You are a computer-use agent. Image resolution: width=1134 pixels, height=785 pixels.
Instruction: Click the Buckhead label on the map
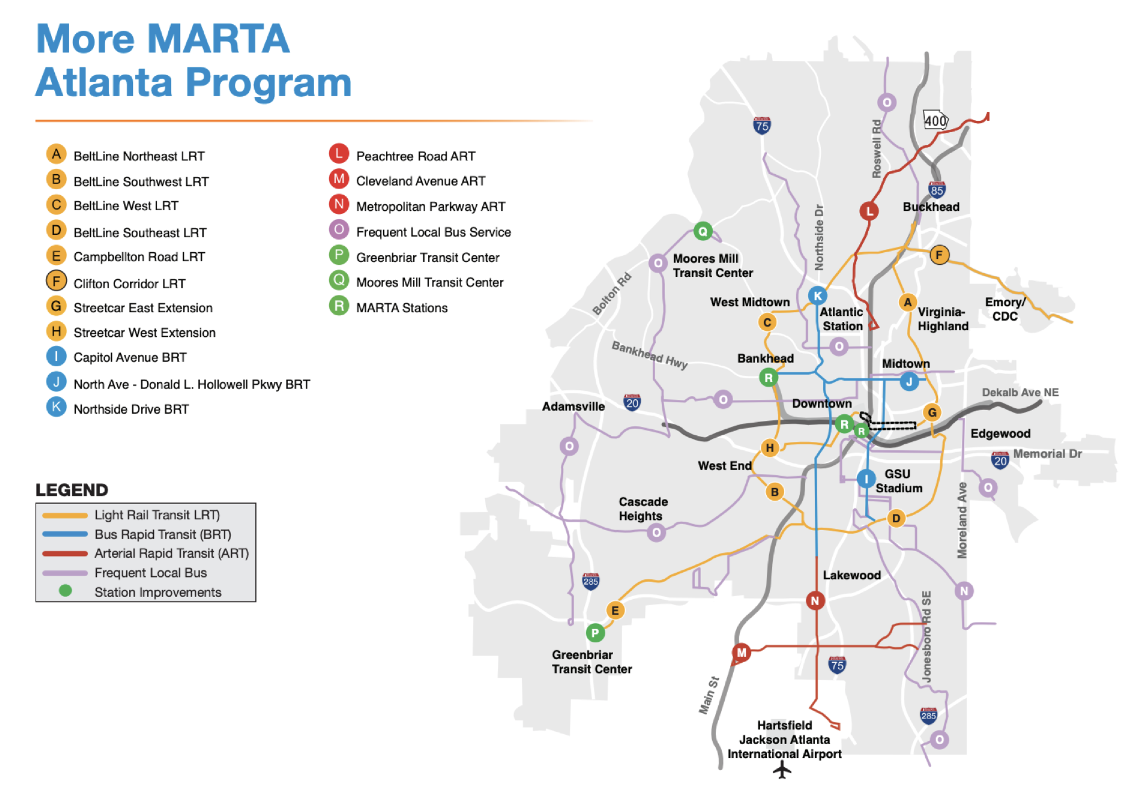tap(931, 207)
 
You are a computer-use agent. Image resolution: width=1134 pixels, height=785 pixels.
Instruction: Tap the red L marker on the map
tap(869, 211)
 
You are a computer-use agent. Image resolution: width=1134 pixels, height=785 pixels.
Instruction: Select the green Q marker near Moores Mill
tap(703, 231)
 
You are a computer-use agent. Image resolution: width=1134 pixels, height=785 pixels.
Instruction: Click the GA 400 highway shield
tap(935, 121)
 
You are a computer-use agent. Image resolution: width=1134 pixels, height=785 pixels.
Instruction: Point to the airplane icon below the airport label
tap(782, 770)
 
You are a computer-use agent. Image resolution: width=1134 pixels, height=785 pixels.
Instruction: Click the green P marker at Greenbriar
tap(595, 633)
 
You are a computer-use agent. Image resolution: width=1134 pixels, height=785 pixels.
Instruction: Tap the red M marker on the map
tap(741, 653)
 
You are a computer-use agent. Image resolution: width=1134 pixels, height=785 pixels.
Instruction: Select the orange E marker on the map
tap(615, 611)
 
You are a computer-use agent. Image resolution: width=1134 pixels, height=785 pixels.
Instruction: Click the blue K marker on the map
tap(817, 295)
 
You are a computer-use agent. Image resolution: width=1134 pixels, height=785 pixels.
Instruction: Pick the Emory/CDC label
tap(1005, 309)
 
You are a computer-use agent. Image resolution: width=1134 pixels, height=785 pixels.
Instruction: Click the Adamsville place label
tap(573, 407)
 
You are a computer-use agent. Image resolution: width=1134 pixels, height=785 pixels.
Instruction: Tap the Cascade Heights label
tap(643, 509)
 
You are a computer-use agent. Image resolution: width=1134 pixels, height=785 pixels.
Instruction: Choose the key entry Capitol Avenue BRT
tap(130, 357)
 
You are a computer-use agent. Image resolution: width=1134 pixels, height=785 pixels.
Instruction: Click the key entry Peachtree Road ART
tap(415, 156)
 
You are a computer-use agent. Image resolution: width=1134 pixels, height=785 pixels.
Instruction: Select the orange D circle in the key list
tap(56, 231)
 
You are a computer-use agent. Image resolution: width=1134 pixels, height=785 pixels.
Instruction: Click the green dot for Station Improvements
tap(65, 591)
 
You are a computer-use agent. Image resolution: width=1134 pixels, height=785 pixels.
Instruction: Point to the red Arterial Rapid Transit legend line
tap(65, 553)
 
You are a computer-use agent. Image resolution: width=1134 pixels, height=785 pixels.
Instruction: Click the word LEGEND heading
tap(72, 490)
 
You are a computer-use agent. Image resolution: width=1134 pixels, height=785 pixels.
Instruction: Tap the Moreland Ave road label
tap(962, 520)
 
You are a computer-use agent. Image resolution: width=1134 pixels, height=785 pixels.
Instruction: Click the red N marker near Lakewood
tap(815, 600)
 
